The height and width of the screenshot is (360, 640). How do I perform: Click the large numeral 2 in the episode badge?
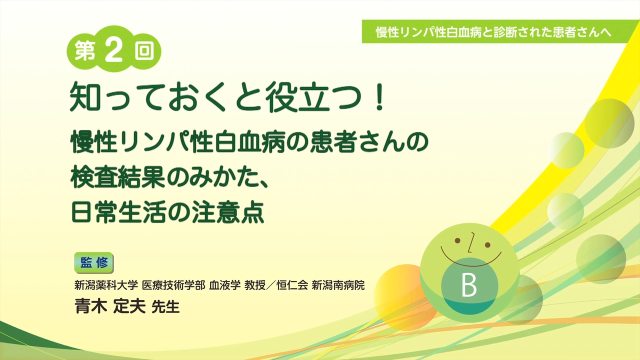click(x=113, y=50)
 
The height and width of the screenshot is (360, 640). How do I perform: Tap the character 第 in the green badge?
click(x=85, y=51)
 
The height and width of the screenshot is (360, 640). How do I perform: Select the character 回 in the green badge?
click(x=144, y=51)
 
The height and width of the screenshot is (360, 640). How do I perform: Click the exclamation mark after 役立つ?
click(x=379, y=96)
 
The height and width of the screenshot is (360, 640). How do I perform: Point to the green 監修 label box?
click(x=94, y=262)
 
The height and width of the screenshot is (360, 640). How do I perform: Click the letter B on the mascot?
click(x=469, y=285)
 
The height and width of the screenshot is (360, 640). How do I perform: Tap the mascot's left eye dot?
click(x=457, y=240)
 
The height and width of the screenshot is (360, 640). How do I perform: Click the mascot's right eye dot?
click(x=487, y=245)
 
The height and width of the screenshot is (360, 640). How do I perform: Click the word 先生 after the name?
click(x=165, y=307)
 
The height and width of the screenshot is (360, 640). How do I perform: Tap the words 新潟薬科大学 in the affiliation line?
click(x=106, y=285)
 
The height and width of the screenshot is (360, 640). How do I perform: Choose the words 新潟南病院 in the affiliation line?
click(x=338, y=285)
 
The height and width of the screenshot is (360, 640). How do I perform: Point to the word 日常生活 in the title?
click(x=118, y=212)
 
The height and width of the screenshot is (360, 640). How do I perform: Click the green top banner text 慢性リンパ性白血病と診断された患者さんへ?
click(x=493, y=32)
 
